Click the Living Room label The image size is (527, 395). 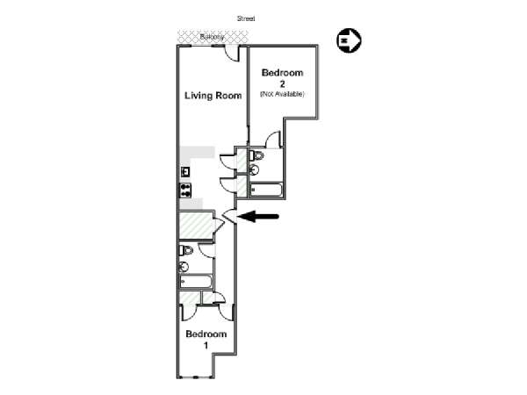click(x=213, y=96)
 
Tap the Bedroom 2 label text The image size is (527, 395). click(x=282, y=78)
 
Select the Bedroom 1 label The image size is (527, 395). click(x=206, y=339)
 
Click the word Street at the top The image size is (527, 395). click(x=246, y=18)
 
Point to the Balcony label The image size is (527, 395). click(x=212, y=37)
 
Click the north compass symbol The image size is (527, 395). click(x=349, y=40)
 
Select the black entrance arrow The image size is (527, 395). click(x=258, y=216)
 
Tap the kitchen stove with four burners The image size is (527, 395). click(x=185, y=190)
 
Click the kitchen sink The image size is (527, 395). click(x=185, y=172)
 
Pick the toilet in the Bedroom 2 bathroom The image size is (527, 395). click(x=256, y=155)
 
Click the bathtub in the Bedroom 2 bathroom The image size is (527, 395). click(x=266, y=190)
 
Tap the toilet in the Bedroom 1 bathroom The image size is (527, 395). click(x=186, y=250)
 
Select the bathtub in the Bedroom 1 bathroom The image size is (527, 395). click(x=196, y=282)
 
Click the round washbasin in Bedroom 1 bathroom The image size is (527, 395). click(x=184, y=267)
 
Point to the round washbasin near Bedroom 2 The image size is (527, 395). click(x=254, y=169)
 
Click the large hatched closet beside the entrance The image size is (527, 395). click(x=196, y=225)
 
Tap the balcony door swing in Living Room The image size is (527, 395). click(x=232, y=53)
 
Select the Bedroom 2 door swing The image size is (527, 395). click(x=273, y=140)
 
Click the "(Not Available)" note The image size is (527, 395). click(x=282, y=94)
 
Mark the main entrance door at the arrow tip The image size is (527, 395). click(x=230, y=216)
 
